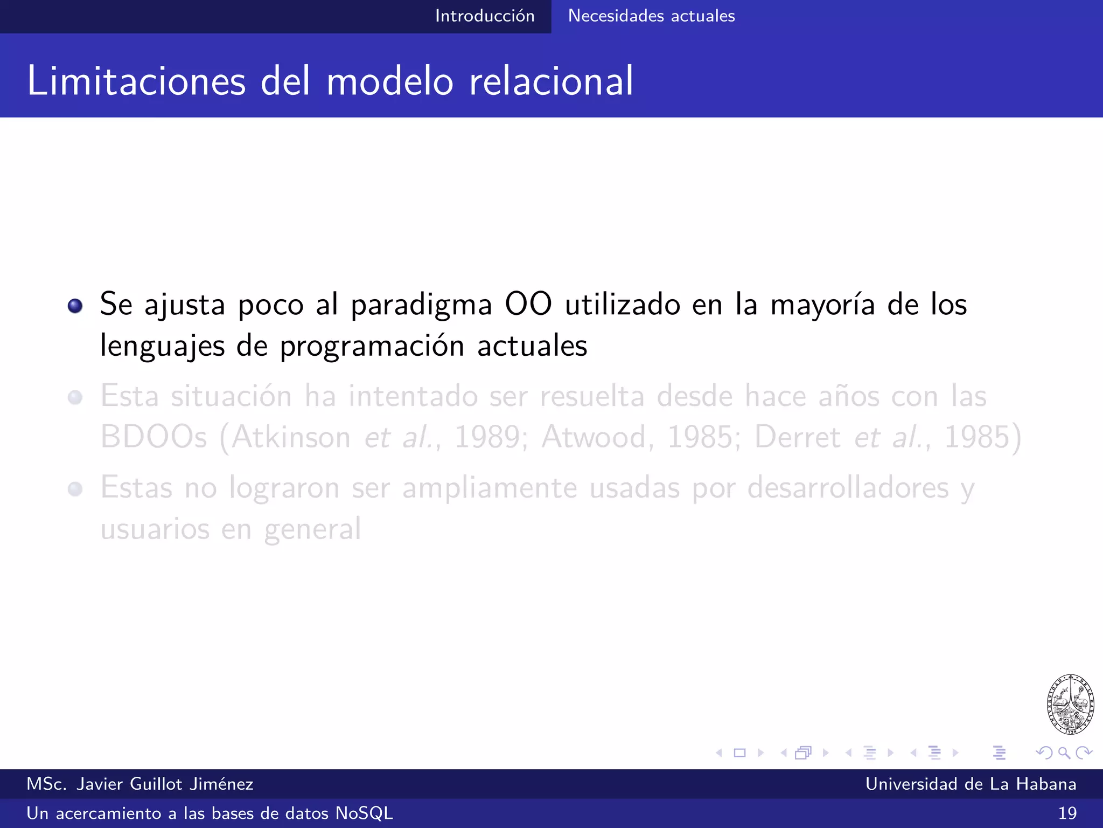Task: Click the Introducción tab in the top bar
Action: [484, 16]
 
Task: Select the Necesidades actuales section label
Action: [651, 16]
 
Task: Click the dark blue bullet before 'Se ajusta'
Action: [75, 306]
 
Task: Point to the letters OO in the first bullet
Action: [528, 304]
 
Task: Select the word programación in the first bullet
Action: [372, 347]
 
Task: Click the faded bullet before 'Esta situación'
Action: [75, 398]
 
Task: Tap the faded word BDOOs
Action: [153, 437]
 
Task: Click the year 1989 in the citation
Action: [487, 437]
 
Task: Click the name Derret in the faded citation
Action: [797, 437]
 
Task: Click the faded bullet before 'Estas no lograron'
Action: [75, 489]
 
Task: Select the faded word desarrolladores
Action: [848, 488]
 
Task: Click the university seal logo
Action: [1070, 704]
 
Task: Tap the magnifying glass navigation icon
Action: [1064, 753]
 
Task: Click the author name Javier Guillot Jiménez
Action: [164, 784]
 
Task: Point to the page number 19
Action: [1067, 813]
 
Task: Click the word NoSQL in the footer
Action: [364, 813]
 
